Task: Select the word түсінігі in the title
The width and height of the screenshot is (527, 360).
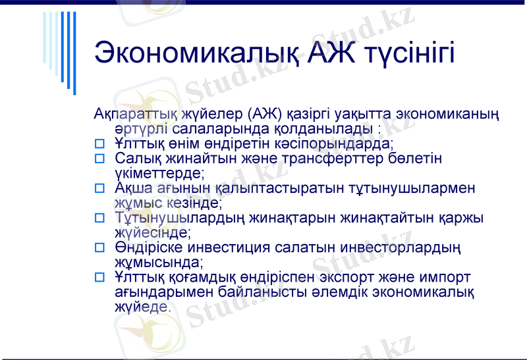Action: [x=409, y=53]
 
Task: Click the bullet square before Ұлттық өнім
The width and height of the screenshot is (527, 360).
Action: [x=100, y=142]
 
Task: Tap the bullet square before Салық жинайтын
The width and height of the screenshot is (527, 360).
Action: [x=100, y=159]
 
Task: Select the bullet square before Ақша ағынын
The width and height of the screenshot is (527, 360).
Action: [x=100, y=188]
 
